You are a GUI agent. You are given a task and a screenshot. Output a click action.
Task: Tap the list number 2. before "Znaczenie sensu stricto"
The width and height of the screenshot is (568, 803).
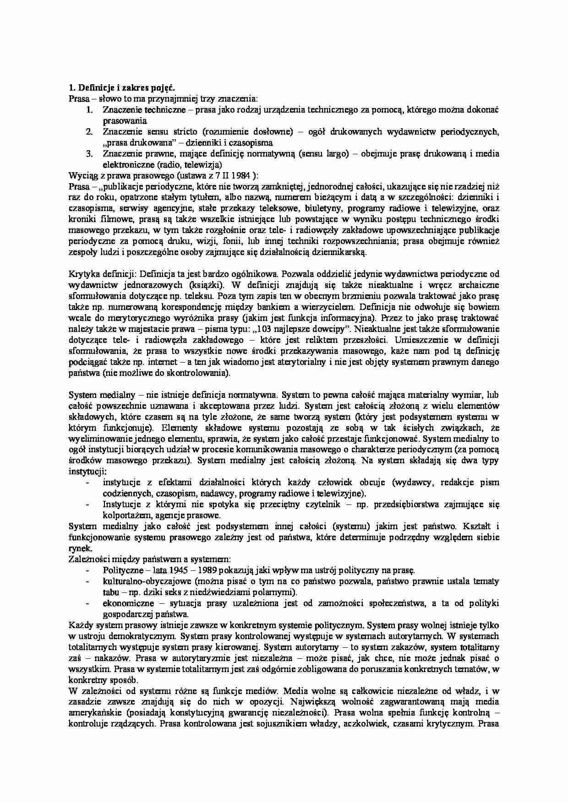pyautogui.click(x=90, y=131)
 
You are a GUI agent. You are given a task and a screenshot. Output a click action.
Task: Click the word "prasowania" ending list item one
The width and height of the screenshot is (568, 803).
pyautogui.click(x=125, y=120)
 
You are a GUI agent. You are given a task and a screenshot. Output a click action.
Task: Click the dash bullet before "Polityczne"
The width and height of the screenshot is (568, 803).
pyautogui.click(x=87, y=570)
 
